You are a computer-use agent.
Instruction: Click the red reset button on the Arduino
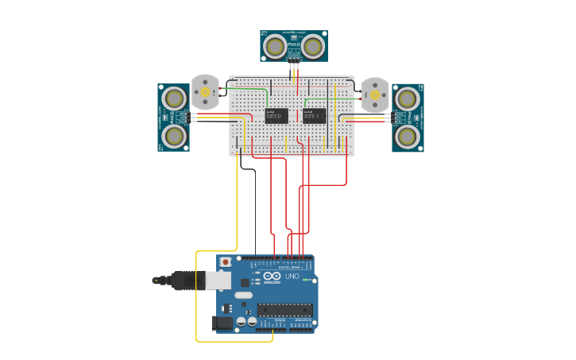(226, 261)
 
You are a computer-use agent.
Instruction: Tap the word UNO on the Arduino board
(292, 277)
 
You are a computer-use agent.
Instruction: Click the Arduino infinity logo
(272, 276)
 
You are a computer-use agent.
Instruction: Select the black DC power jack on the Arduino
(222, 322)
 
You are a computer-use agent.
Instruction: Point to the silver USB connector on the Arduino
(218, 281)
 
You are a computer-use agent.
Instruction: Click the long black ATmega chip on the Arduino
(284, 310)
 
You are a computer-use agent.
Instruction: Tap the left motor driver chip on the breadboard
(276, 116)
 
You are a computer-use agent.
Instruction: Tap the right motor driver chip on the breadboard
(315, 116)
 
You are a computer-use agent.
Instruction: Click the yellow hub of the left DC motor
(205, 92)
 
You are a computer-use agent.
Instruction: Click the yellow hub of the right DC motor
(375, 95)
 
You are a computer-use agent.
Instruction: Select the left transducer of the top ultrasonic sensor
(275, 47)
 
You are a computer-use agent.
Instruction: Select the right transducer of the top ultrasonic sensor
(313, 47)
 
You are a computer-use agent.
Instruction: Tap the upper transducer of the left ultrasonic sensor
(174, 99)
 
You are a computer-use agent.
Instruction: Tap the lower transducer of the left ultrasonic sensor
(174, 136)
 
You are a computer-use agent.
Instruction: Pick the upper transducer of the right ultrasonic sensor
(407, 99)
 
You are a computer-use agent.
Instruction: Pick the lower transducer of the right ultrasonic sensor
(407, 136)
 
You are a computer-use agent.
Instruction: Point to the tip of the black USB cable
(156, 280)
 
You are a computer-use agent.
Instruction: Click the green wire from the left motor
(246, 89)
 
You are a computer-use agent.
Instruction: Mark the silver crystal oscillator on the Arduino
(243, 295)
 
